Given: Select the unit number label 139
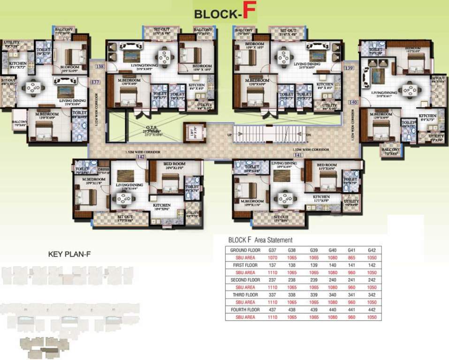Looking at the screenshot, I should [348, 68].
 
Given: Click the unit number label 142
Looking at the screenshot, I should [140, 157].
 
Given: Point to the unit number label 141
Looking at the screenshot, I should [297, 155].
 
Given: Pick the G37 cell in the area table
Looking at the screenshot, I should [273, 250].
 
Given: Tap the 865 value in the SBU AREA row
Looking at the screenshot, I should [350, 258].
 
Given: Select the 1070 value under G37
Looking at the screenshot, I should [273, 258].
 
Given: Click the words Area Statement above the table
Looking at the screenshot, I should [274, 240].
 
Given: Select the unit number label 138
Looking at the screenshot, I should [100, 67].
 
